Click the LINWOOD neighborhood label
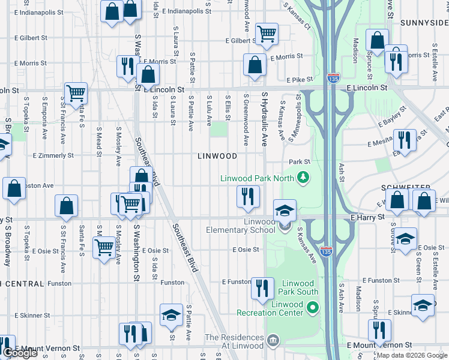coord(217,156)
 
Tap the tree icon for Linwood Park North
coord(304,177)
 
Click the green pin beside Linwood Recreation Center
coord(312,308)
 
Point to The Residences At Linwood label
coord(234,341)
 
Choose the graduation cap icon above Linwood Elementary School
coord(285,210)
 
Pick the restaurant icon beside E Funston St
coord(262,288)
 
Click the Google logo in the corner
coord(20,353)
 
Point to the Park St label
coord(299,162)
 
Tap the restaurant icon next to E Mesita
coord(405,140)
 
